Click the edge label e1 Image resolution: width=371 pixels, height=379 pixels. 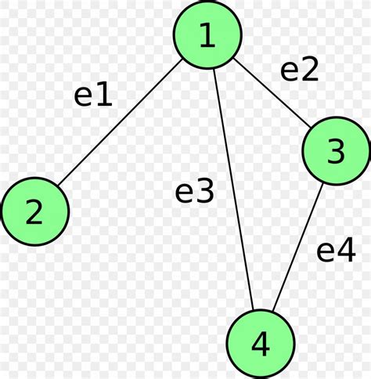coord(93,95)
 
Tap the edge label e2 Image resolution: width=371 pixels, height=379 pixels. coord(300,70)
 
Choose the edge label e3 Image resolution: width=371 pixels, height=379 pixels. coord(194,192)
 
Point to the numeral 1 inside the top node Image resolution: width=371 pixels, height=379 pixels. coord(207,36)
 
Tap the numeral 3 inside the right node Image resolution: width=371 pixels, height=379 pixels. coord(335,151)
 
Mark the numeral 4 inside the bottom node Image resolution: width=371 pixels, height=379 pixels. coord(261,343)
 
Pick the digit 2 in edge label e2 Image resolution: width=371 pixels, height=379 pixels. coord(310,70)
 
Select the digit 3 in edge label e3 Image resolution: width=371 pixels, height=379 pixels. coord(204,192)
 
